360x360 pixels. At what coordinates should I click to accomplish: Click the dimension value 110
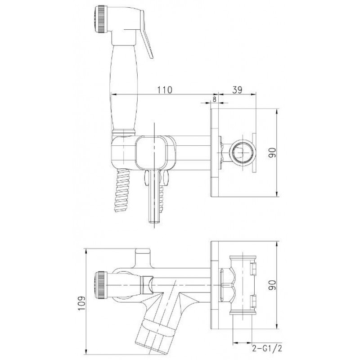164,90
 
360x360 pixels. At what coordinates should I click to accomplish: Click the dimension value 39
237,90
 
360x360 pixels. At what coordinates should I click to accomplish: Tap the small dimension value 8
214,99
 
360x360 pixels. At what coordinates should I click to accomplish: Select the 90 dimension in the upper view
273,153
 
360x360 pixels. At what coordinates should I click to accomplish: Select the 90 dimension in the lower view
273,285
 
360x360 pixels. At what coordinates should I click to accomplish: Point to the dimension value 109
81,303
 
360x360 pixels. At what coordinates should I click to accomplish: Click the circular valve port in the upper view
243,153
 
